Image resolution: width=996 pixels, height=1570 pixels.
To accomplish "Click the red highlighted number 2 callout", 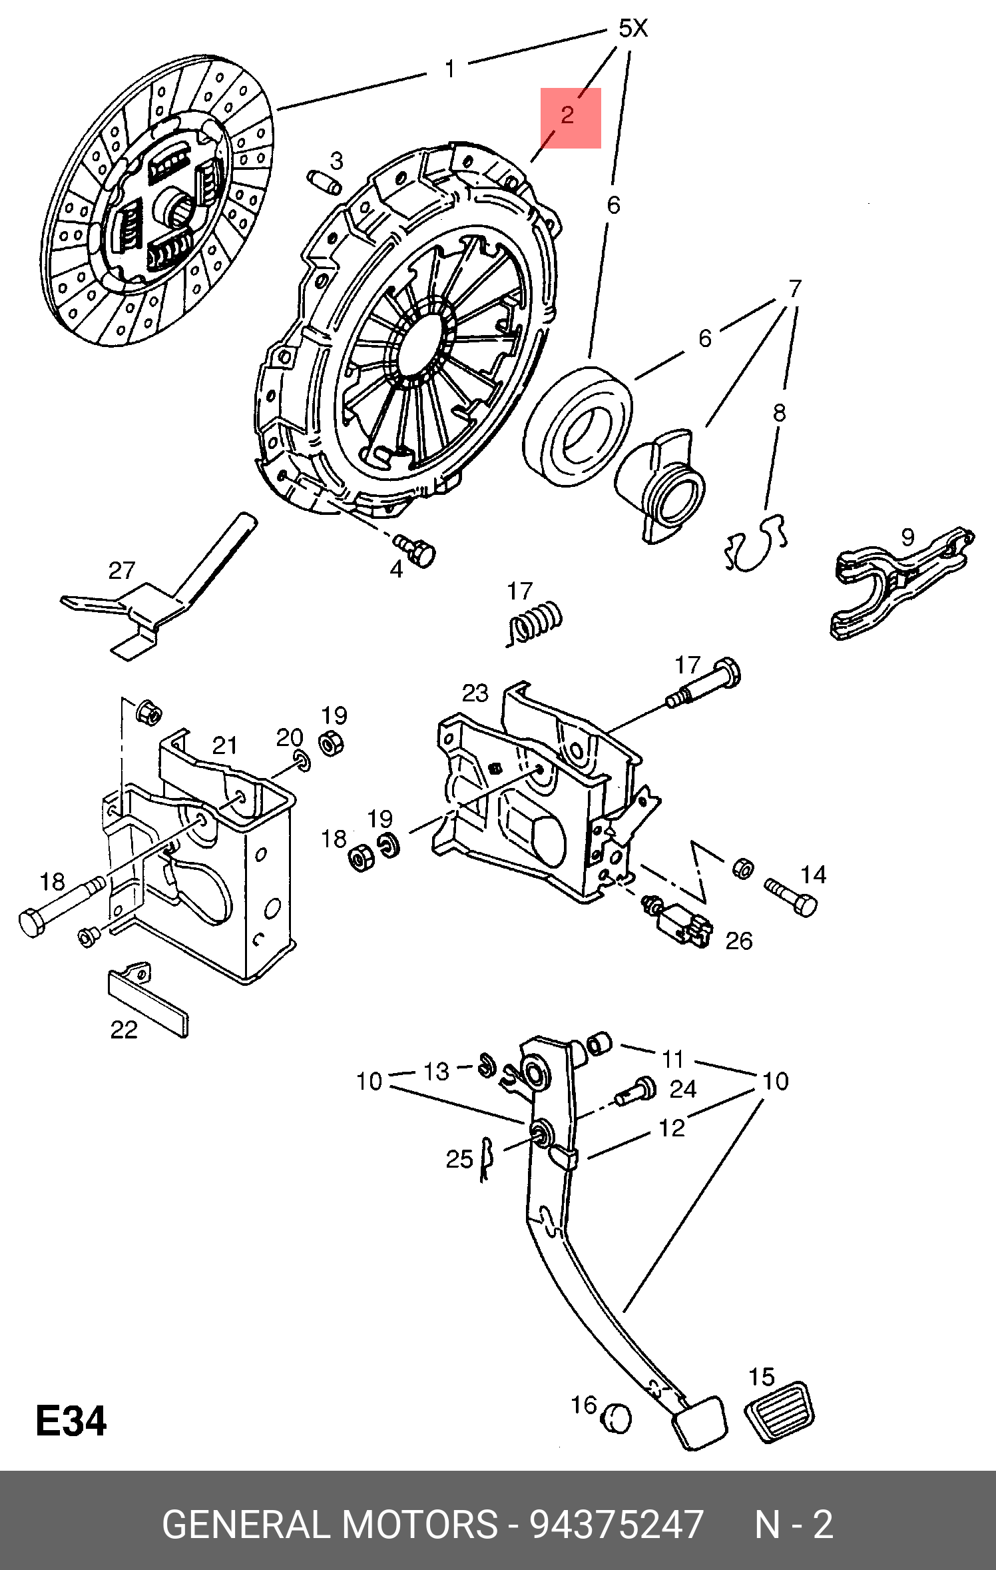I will (x=570, y=117).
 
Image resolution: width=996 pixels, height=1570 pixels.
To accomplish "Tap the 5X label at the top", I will (x=632, y=29).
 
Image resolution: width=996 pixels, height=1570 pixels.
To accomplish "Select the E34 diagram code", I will (x=71, y=1421).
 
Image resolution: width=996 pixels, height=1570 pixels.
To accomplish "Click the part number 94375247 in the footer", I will (x=616, y=1524).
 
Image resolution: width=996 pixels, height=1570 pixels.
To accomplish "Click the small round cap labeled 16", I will (x=617, y=1418).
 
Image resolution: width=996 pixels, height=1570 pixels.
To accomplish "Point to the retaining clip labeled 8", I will (x=757, y=544).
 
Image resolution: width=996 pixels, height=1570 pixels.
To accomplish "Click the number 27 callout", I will (x=122, y=571).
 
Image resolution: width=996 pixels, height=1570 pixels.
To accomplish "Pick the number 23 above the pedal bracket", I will (x=475, y=693).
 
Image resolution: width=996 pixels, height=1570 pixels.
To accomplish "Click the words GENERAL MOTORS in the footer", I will (x=330, y=1524).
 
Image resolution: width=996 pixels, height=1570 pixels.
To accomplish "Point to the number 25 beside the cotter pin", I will (x=459, y=1160).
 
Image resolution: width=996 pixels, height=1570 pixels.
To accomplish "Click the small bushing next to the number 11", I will (x=599, y=1043).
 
